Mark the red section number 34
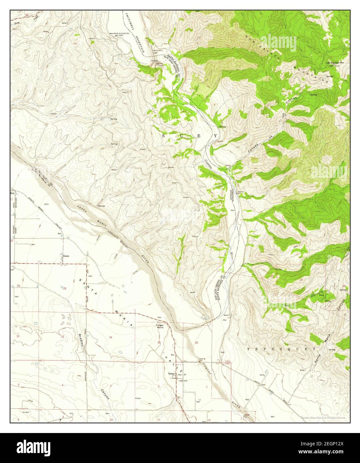(x=110, y=337)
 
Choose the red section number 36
(x=196, y=343)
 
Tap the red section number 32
(x=18, y=336)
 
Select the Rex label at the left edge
(x=13, y=193)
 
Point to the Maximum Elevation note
(x=119, y=35)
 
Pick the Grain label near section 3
(x=139, y=398)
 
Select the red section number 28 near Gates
(x=65, y=288)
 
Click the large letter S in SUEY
(x=163, y=136)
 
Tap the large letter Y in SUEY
(x=215, y=136)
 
